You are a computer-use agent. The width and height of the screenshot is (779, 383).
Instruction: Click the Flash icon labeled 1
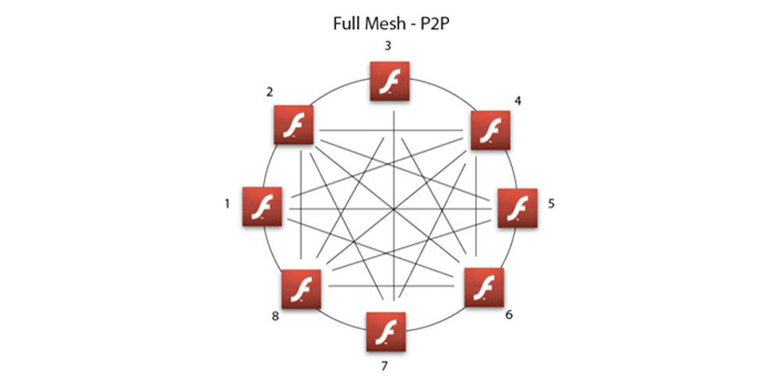[x=262, y=207]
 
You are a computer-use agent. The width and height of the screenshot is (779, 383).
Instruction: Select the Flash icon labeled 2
[x=293, y=126]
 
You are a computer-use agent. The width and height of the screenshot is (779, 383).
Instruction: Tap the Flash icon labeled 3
[x=389, y=82]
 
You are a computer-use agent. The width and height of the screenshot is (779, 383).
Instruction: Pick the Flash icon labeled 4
[x=490, y=130]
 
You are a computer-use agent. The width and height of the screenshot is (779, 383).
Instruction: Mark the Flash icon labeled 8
[x=302, y=289]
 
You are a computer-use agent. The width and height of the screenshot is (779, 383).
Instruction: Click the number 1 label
[x=227, y=204]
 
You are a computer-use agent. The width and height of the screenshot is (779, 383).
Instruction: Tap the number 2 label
[x=270, y=92]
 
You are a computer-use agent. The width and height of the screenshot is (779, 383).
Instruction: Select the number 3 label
[x=387, y=46]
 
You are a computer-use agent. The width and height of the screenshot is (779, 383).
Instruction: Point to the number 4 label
[x=517, y=101]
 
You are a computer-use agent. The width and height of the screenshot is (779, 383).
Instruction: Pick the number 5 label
[x=551, y=203]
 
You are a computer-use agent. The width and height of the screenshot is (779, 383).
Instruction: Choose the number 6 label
[x=509, y=315]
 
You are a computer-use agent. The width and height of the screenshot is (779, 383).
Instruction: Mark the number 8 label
[x=275, y=316]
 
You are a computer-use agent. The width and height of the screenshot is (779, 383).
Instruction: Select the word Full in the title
[x=347, y=22]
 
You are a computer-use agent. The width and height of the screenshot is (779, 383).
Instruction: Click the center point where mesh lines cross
[x=394, y=210]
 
